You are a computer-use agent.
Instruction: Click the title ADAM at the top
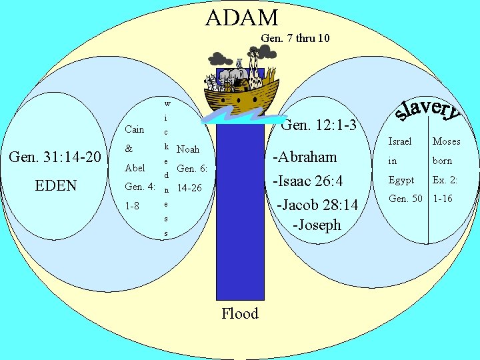tap(241, 17)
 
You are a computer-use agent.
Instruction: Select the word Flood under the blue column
tap(240, 313)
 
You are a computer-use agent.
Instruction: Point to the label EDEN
tap(56, 185)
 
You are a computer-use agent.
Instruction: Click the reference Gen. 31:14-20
tap(55, 157)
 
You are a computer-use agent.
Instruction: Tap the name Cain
tap(134, 129)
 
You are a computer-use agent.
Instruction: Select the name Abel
tap(135, 168)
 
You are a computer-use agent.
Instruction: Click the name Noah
tap(188, 149)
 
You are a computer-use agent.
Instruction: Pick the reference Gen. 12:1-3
tap(319, 125)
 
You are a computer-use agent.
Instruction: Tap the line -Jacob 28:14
tap(317, 205)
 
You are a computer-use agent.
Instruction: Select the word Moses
tap(446, 141)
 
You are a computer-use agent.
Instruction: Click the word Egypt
tap(401, 180)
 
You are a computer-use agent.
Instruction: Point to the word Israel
tap(400, 141)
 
